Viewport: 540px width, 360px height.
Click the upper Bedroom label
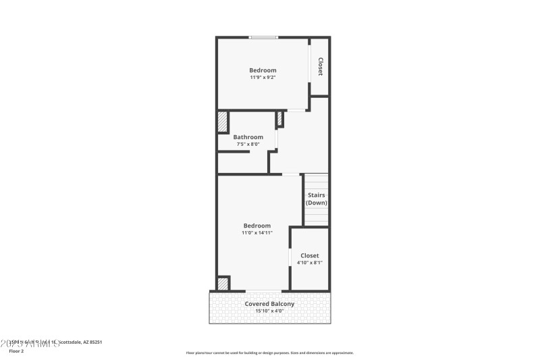[x=263, y=70]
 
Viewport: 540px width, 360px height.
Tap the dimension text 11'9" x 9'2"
[x=263, y=78]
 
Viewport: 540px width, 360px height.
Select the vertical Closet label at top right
[x=320, y=66]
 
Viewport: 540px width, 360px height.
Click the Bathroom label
[x=248, y=137]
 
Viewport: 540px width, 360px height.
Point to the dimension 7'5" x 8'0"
[x=248, y=144]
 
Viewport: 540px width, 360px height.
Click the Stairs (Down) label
[x=316, y=199]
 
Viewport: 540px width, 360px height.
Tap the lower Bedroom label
[x=256, y=226]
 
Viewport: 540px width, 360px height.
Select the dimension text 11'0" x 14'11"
[x=256, y=233]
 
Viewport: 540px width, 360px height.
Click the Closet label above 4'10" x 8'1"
[x=309, y=255]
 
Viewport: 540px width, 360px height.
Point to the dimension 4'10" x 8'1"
[x=309, y=263]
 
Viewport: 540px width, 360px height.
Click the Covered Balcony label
[x=269, y=304]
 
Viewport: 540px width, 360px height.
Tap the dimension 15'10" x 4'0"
[x=269, y=311]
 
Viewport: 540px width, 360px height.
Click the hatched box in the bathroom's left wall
[x=222, y=122]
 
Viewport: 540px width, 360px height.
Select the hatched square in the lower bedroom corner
[x=223, y=284]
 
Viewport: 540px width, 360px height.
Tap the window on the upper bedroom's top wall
[x=263, y=37]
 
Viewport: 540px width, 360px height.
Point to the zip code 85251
[x=94, y=342]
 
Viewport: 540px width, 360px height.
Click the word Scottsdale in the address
[x=67, y=342]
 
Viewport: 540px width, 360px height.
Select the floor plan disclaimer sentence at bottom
[x=269, y=353]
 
